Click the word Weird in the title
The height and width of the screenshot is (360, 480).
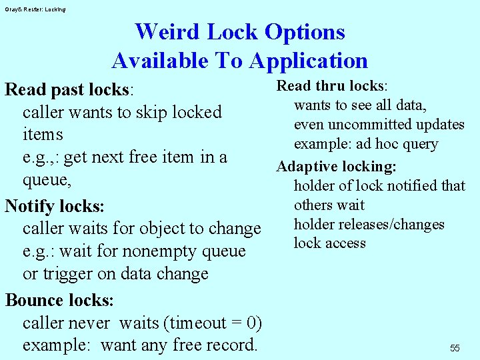tap(167, 31)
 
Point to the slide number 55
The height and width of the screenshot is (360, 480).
tap(455, 348)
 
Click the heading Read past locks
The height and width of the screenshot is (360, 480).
tap(68, 89)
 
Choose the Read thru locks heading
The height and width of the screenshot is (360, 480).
tap(331, 86)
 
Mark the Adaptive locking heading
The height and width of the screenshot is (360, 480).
tap(337, 166)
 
